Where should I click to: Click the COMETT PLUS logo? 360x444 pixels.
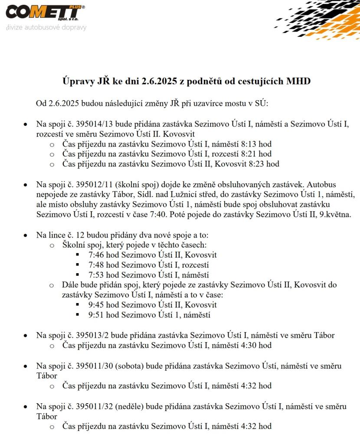coord(45,13)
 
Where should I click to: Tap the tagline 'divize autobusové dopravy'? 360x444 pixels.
coord(46,27)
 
